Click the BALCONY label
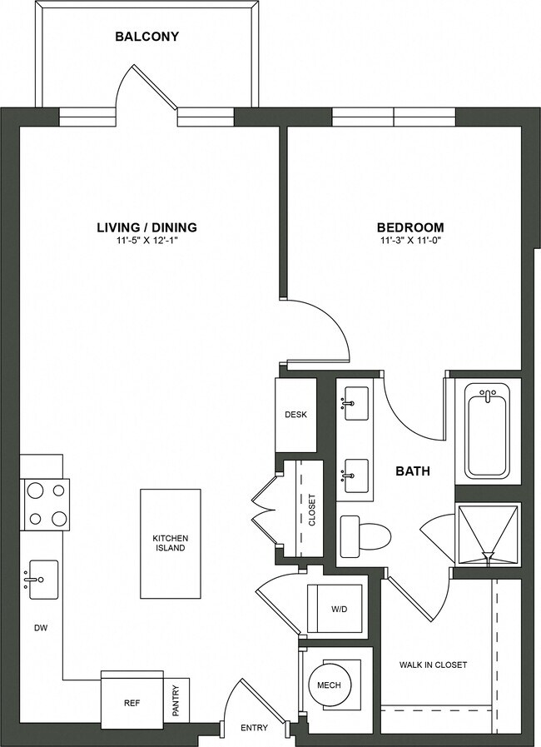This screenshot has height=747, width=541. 146,37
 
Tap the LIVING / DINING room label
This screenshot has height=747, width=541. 146,227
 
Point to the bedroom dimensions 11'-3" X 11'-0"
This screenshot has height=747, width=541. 409,242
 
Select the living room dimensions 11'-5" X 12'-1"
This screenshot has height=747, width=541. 146,242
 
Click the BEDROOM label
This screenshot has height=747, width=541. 409,227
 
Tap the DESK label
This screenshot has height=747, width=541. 295,414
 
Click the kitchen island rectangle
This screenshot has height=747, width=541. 170,543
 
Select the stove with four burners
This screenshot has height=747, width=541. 47,505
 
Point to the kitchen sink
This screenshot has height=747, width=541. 42,575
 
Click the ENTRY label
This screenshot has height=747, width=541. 254,728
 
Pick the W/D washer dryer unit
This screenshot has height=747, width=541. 335,609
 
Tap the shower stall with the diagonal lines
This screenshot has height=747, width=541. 488,535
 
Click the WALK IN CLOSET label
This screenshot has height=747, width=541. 433,665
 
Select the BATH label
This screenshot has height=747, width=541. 412,471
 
